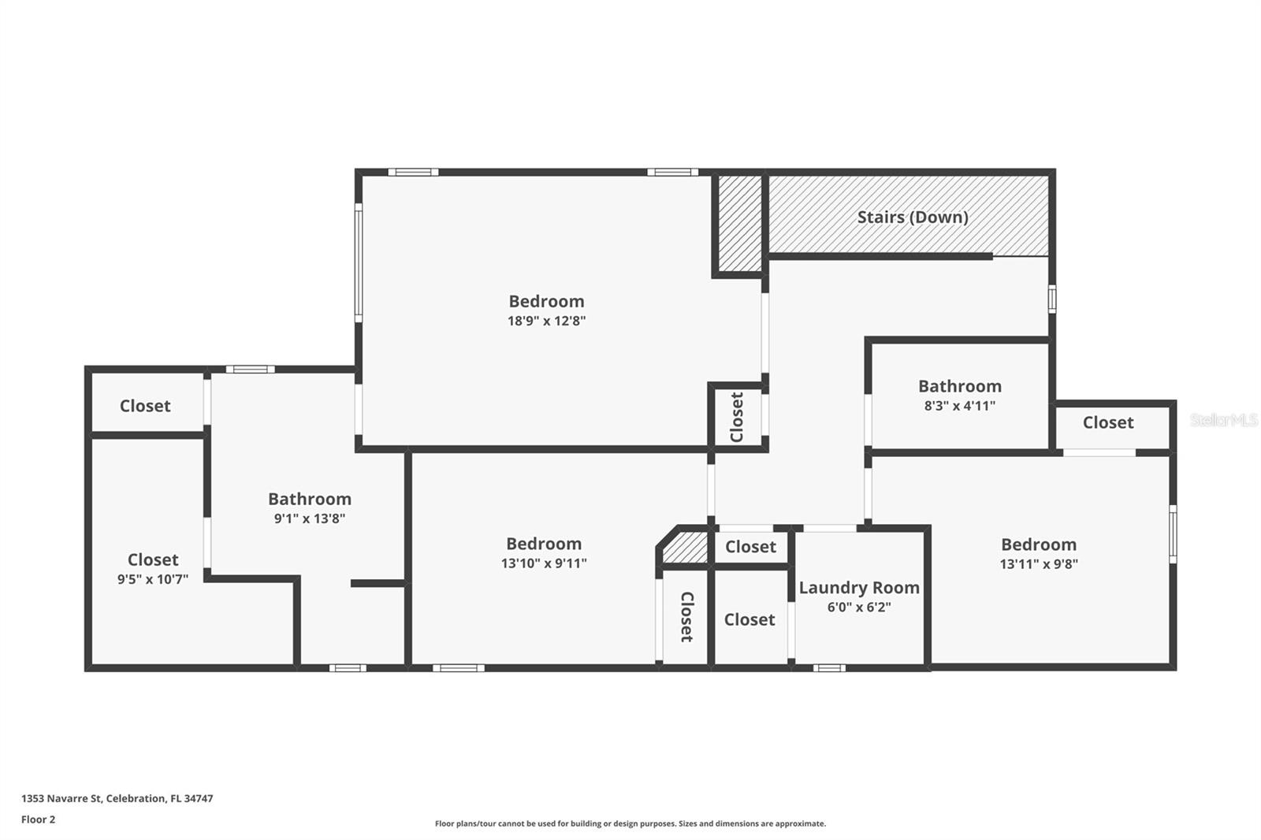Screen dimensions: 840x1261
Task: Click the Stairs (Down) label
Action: (912, 217)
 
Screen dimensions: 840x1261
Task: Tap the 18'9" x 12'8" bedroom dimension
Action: (546, 321)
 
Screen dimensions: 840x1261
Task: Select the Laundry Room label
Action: (859, 588)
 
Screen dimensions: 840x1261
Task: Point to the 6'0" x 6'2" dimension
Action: (859, 607)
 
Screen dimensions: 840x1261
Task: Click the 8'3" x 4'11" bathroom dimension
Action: (959, 406)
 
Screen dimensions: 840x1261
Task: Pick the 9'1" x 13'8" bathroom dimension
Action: (309, 518)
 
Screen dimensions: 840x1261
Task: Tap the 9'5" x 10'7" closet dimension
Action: (153, 579)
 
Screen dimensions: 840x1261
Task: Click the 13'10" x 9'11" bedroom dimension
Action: (544, 563)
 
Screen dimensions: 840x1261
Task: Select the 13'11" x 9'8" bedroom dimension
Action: (1039, 563)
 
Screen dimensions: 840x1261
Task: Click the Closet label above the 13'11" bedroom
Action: (1107, 422)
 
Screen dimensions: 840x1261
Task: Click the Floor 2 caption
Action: (38, 820)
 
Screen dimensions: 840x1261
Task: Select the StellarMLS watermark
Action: (1223, 420)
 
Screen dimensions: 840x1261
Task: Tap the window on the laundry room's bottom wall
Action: (829, 668)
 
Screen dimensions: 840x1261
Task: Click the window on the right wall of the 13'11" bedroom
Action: (1173, 533)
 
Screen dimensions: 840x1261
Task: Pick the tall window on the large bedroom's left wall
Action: (359, 262)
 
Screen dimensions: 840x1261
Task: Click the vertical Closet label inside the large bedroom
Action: (737, 418)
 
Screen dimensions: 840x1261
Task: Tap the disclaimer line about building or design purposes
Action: (630, 823)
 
